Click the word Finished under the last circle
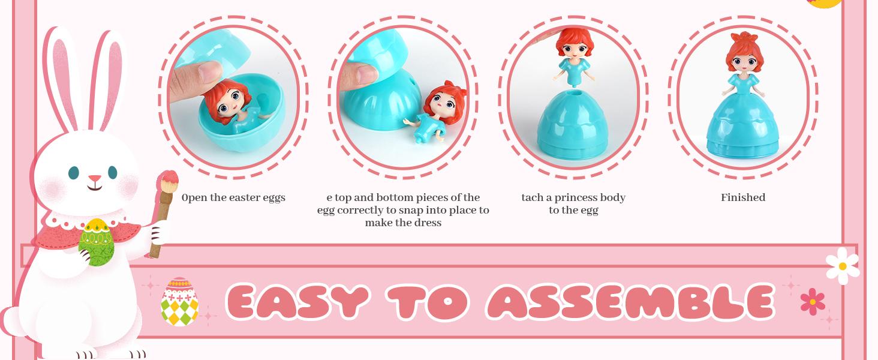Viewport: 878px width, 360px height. (x=743, y=197)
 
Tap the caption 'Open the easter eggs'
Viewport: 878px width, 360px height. (x=233, y=197)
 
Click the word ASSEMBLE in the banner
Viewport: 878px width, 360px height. (x=630, y=302)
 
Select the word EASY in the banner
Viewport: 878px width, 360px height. (x=297, y=302)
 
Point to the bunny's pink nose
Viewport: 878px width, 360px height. (x=95, y=179)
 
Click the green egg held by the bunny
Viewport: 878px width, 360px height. (x=97, y=242)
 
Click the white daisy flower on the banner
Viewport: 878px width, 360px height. (x=842, y=266)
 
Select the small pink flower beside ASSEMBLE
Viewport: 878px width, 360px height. (x=813, y=301)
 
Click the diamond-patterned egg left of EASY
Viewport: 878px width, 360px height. (x=179, y=302)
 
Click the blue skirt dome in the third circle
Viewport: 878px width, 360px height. (x=573, y=126)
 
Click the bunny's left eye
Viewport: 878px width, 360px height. (x=73, y=173)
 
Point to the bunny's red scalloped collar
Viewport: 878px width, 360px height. (x=57, y=234)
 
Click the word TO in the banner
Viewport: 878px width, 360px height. (x=427, y=302)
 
